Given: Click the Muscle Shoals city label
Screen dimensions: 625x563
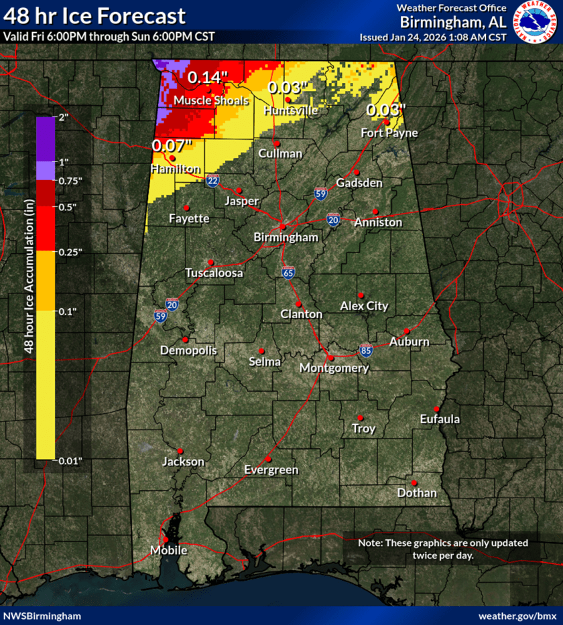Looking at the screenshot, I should point(211,100).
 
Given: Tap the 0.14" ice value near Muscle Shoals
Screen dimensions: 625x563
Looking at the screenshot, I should point(207,77).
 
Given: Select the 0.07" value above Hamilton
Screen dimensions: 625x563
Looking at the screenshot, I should point(172,145).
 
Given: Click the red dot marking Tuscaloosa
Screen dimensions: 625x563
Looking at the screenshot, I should point(210,262).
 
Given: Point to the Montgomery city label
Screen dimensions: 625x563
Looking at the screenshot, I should point(334,368).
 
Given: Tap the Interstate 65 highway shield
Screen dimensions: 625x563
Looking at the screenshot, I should point(288,273).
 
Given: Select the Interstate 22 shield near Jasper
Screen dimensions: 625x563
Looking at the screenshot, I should point(212,181).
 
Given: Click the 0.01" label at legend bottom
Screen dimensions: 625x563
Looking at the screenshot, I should point(69,460).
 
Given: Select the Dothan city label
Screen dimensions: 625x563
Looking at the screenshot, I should point(416,493).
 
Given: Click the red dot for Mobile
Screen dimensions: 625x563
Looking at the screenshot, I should point(166,539).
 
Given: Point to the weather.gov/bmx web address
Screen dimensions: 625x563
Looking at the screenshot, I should point(517,616).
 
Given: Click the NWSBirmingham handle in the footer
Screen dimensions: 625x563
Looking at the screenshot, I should point(43,616).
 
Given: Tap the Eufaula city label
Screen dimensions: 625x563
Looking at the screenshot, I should point(440,419).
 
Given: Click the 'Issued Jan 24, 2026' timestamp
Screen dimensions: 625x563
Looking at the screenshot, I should point(432,37).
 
